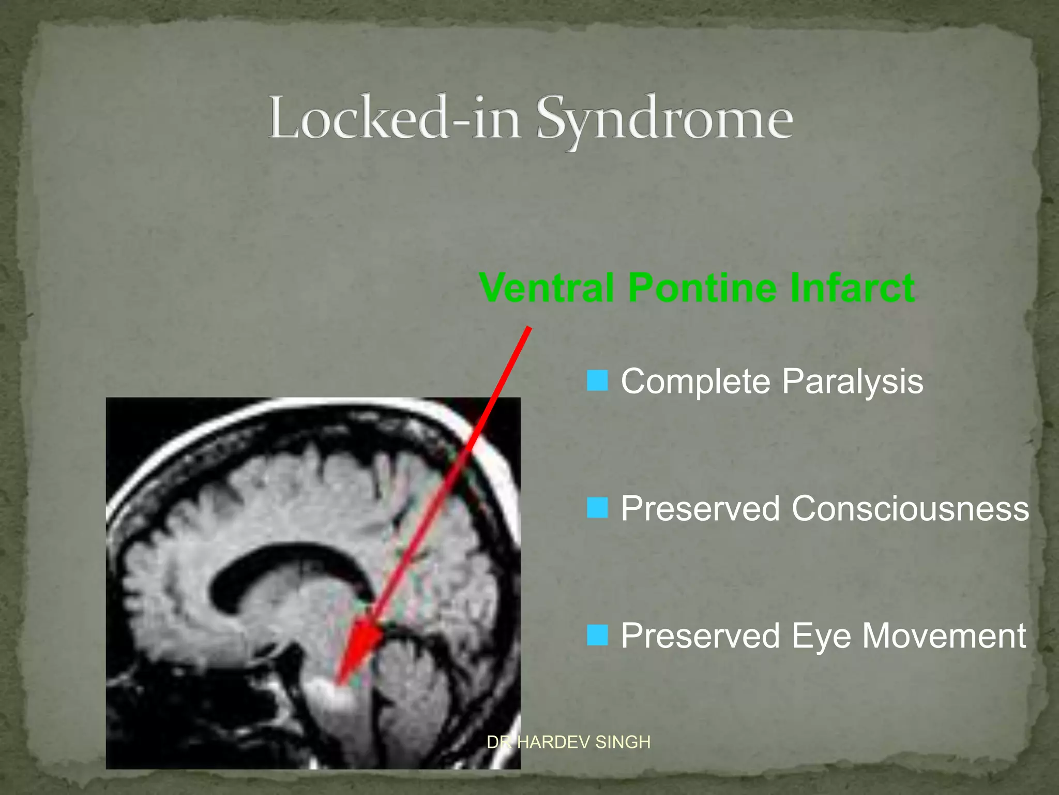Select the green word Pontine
tap(702, 288)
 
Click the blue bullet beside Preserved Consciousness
tap(597, 508)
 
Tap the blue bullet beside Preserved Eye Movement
tap(597, 635)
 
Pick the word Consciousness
tap(910, 508)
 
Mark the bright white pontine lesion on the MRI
tap(328, 696)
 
